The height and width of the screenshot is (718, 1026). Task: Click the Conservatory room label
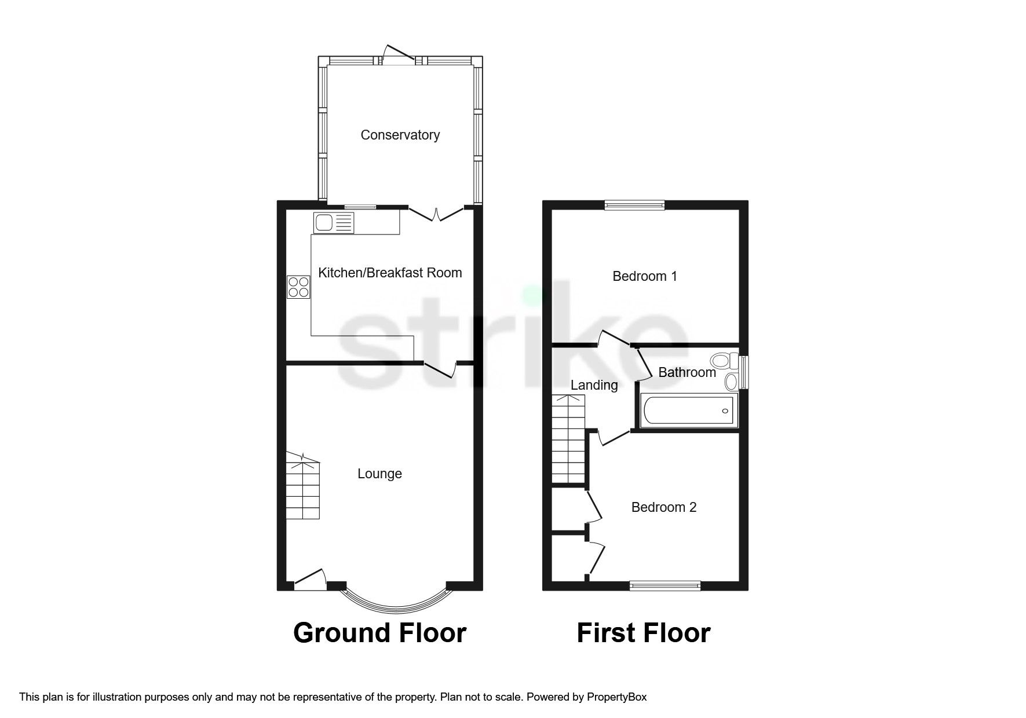400,135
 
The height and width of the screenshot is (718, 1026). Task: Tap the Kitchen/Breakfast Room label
390,273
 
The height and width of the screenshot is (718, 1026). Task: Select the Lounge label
379,474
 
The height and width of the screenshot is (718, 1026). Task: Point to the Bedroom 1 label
645,276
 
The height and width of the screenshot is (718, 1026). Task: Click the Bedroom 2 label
663,507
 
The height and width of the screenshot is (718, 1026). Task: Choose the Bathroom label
687,372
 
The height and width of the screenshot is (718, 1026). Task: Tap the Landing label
594,385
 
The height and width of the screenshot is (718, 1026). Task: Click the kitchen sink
333,222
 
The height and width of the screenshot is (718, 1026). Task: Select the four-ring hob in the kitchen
299,287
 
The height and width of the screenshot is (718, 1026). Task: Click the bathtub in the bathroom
688,411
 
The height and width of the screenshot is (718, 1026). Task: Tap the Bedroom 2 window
665,585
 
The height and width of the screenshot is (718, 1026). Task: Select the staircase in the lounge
302,486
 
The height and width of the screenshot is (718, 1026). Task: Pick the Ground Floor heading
379,633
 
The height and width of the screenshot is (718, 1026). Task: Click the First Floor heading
643,633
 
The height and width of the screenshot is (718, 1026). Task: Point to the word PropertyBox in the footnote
616,697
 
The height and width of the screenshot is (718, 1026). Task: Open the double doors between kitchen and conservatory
437,214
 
